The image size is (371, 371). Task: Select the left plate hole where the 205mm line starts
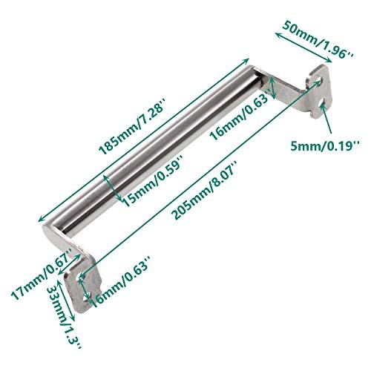click(x=81, y=279)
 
